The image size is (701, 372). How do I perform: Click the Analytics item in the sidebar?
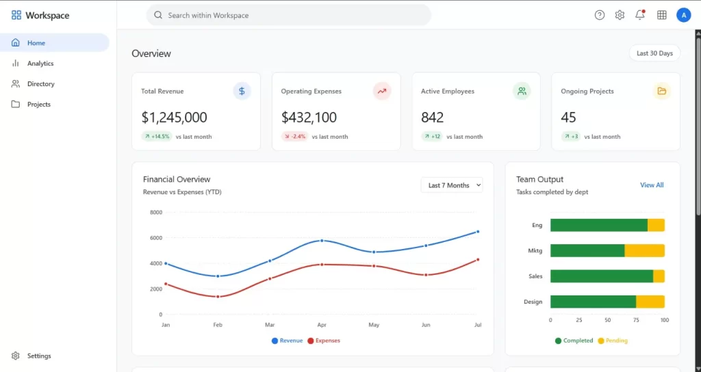pyautogui.click(x=40, y=64)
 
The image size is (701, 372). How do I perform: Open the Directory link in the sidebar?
pyautogui.click(x=40, y=84)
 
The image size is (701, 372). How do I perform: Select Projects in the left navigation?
pyautogui.click(x=38, y=105)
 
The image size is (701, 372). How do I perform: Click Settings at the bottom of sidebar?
pyautogui.click(x=38, y=356)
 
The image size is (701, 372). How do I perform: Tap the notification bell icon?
pyautogui.click(x=640, y=15)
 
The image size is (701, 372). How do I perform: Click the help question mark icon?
pyautogui.click(x=600, y=15)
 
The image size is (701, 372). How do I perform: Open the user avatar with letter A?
pyautogui.click(x=683, y=15)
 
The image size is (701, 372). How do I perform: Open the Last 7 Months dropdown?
pyautogui.click(x=452, y=185)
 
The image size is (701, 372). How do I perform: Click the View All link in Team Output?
pyautogui.click(x=652, y=185)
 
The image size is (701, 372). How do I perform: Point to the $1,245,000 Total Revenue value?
pyautogui.click(x=174, y=118)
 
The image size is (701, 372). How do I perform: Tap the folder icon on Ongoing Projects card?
pyautogui.click(x=661, y=91)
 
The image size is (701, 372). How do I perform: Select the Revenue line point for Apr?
pyautogui.click(x=322, y=241)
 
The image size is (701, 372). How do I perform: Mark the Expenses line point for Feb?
pyautogui.click(x=218, y=297)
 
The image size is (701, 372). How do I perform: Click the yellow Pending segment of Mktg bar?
pyautogui.click(x=644, y=251)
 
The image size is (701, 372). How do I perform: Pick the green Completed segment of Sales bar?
pyautogui.click(x=601, y=276)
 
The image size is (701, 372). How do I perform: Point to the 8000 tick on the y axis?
pyautogui.click(x=155, y=213)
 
